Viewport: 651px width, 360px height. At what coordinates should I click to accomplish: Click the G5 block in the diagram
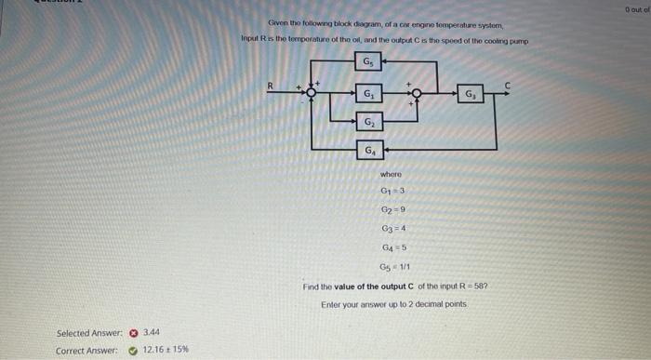point(369,63)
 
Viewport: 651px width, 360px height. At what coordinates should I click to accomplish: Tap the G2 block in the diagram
point(369,122)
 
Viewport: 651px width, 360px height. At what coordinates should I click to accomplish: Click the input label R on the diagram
point(271,86)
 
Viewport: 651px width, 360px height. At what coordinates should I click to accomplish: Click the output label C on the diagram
point(507,85)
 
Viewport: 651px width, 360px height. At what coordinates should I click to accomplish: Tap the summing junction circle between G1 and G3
point(417,93)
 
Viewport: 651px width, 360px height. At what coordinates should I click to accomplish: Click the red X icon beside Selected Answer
point(133,332)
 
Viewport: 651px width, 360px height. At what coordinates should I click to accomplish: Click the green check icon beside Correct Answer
point(133,350)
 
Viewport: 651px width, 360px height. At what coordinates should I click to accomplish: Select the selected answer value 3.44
point(152,332)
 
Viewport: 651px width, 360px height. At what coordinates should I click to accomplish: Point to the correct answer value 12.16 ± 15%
point(166,350)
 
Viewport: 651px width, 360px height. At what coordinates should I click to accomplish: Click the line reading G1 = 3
point(392,192)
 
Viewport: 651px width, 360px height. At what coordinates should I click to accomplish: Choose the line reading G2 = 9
point(392,209)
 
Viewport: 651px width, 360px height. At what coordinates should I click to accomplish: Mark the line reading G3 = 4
point(392,228)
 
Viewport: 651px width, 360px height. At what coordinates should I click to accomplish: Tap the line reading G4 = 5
point(392,247)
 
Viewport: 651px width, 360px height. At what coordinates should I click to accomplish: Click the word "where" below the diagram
point(392,174)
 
